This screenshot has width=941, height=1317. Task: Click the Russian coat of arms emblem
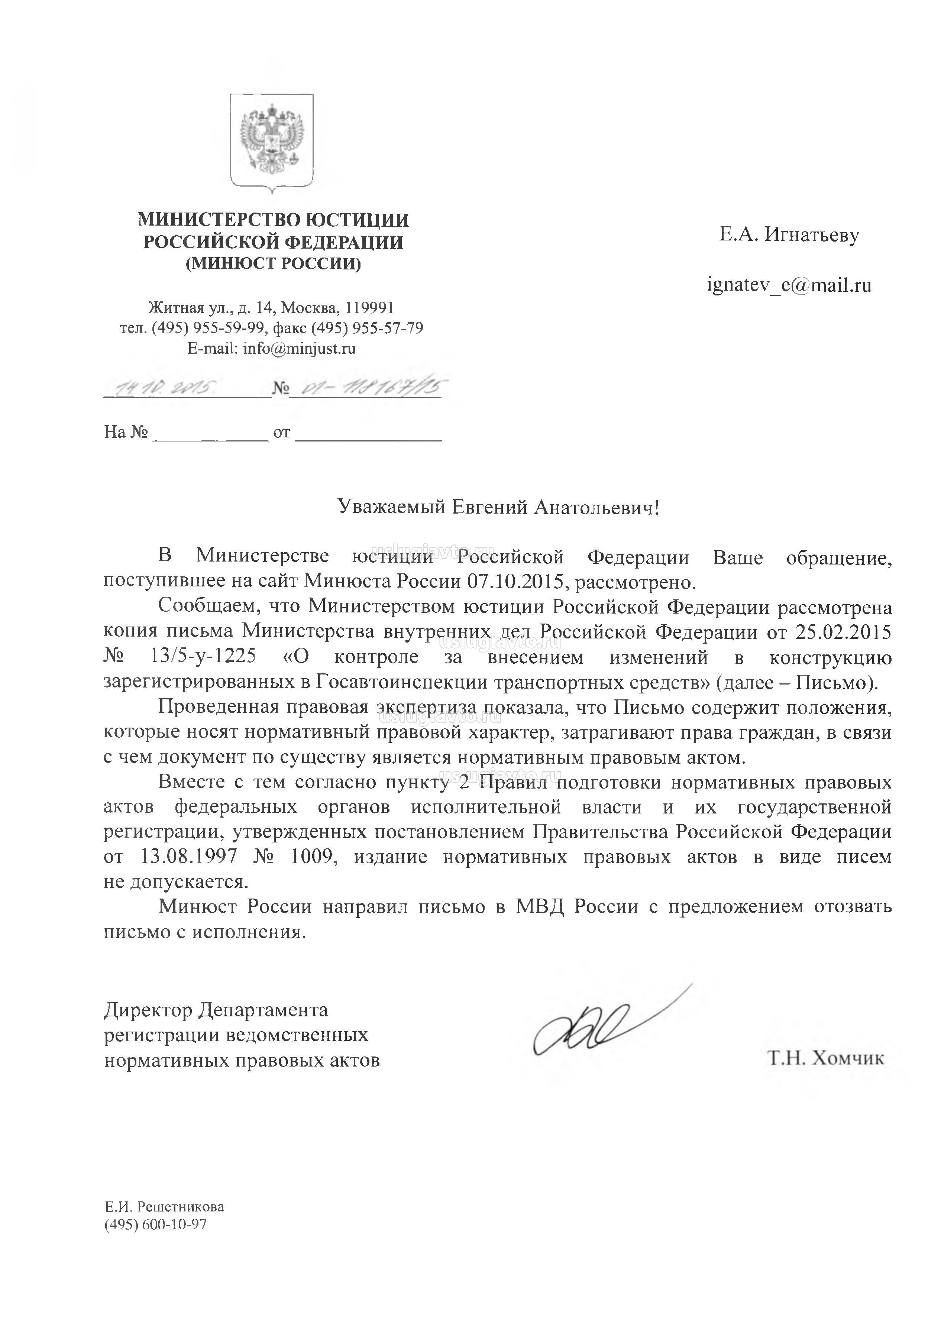coord(272,141)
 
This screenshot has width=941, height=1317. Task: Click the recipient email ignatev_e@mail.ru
coord(789,285)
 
